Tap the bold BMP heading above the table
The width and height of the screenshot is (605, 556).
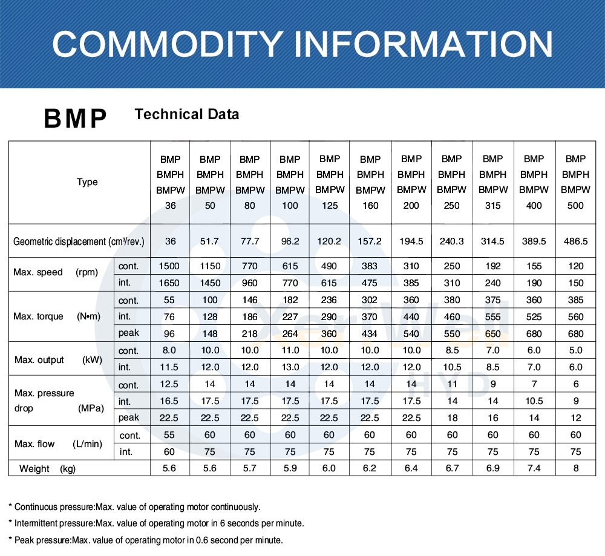click(75, 119)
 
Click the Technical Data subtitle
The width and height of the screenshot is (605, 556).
click(187, 114)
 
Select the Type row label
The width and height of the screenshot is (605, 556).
click(87, 182)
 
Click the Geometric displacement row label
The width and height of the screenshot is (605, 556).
click(79, 241)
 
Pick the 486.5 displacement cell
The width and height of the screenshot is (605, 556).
click(575, 241)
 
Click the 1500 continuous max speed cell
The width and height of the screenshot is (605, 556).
click(169, 266)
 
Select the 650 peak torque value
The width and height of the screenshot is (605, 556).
click(493, 333)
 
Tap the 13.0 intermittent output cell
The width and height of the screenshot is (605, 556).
click(290, 367)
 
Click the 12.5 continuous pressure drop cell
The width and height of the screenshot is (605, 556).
click(169, 384)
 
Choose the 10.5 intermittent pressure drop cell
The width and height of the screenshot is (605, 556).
click(534, 401)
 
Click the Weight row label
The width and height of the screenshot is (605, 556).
click(47, 468)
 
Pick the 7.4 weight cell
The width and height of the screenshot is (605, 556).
click(534, 468)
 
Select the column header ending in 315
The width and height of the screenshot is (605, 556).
click(493, 182)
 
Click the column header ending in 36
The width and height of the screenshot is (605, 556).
click(170, 182)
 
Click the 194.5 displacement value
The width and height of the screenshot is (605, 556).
click(411, 241)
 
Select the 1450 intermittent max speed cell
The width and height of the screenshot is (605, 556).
click(210, 283)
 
